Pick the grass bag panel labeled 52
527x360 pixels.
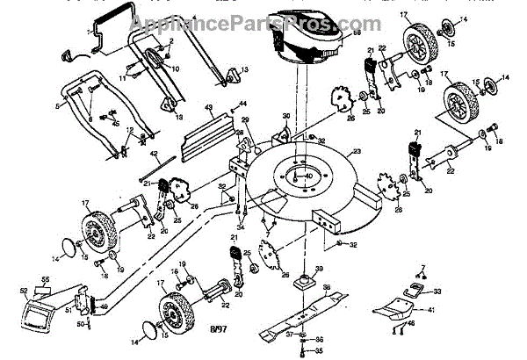click(x=34, y=311)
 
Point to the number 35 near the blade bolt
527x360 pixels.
click(x=319, y=350)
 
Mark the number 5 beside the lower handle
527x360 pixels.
click(x=58, y=104)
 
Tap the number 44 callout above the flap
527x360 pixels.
click(x=242, y=104)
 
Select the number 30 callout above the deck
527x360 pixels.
click(x=285, y=115)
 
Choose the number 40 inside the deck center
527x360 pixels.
click(x=308, y=176)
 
